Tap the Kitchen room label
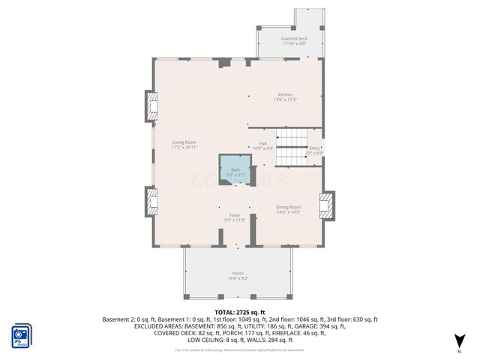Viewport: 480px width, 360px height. (285, 94)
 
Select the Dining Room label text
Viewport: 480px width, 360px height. (289, 207)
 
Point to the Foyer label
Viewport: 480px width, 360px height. (235, 215)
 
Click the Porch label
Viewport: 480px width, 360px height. (238, 273)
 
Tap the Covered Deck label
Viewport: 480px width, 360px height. (294, 38)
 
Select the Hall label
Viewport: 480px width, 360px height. (263, 143)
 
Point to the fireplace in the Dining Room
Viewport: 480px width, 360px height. (325, 206)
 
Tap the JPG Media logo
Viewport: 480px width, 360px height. (20, 335)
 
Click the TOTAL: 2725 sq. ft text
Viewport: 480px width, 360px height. (240, 312)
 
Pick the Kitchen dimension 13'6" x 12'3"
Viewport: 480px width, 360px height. (285, 99)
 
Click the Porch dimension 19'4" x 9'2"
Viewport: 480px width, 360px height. (238, 278)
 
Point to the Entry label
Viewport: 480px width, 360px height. (314, 148)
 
